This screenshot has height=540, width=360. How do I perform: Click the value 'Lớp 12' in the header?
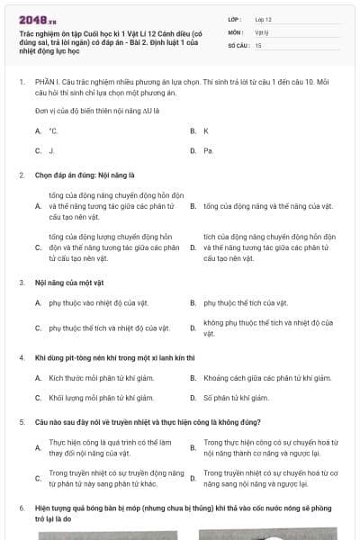tap(264, 18)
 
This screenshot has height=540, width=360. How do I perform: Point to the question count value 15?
tap(258, 45)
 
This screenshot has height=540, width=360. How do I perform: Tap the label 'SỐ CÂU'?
tap(238, 45)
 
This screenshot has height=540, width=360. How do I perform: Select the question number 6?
tap(22, 508)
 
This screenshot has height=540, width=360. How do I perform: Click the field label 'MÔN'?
tap(236, 31)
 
